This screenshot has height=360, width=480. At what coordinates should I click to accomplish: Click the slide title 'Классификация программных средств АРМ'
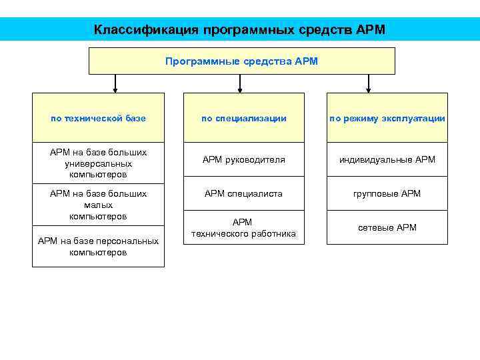(239, 30)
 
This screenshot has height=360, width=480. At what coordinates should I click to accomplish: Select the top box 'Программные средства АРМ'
(242, 61)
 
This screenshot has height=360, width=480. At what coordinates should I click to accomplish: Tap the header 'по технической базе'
(98, 118)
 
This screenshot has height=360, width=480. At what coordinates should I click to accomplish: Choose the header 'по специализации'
(244, 118)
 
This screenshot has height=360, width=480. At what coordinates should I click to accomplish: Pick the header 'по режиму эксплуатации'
(387, 118)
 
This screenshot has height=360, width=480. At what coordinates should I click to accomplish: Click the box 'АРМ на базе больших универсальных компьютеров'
(98, 163)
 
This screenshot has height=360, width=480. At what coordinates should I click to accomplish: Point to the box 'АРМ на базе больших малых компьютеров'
(98, 205)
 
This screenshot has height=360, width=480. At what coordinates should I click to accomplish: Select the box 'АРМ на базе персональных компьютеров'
(98, 247)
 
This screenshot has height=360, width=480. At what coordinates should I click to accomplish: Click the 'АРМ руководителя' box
(244, 160)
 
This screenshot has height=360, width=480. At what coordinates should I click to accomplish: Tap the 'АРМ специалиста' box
(244, 194)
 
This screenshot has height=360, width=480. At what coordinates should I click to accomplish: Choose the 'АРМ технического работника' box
(244, 227)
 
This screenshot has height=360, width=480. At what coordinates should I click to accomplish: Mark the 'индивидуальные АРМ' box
(387, 160)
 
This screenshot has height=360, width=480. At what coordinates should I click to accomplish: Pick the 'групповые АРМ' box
(387, 194)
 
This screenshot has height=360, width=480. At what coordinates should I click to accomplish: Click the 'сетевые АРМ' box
(387, 227)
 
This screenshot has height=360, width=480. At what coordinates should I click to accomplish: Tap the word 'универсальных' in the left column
(98, 163)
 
